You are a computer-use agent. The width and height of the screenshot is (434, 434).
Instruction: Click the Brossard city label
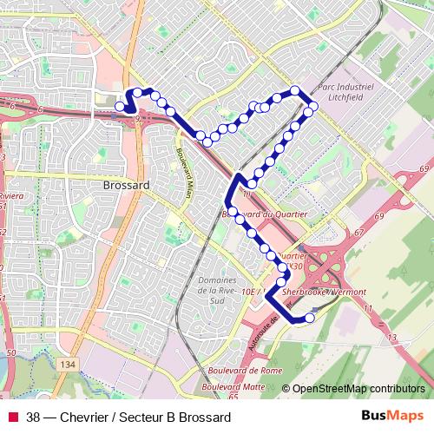point(126,185)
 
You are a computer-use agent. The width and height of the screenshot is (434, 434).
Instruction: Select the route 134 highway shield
point(68,365)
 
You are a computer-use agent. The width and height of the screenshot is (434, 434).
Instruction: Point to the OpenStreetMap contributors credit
point(358,390)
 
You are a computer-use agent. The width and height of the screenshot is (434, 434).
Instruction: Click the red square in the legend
point(13,417)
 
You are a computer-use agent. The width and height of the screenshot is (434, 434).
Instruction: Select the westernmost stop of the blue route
point(120,107)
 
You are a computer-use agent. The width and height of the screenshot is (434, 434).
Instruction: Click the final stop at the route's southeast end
point(310,318)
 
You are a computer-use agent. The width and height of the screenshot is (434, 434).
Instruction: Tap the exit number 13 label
point(391,337)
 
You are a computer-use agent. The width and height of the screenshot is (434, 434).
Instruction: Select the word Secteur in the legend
point(153,417)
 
